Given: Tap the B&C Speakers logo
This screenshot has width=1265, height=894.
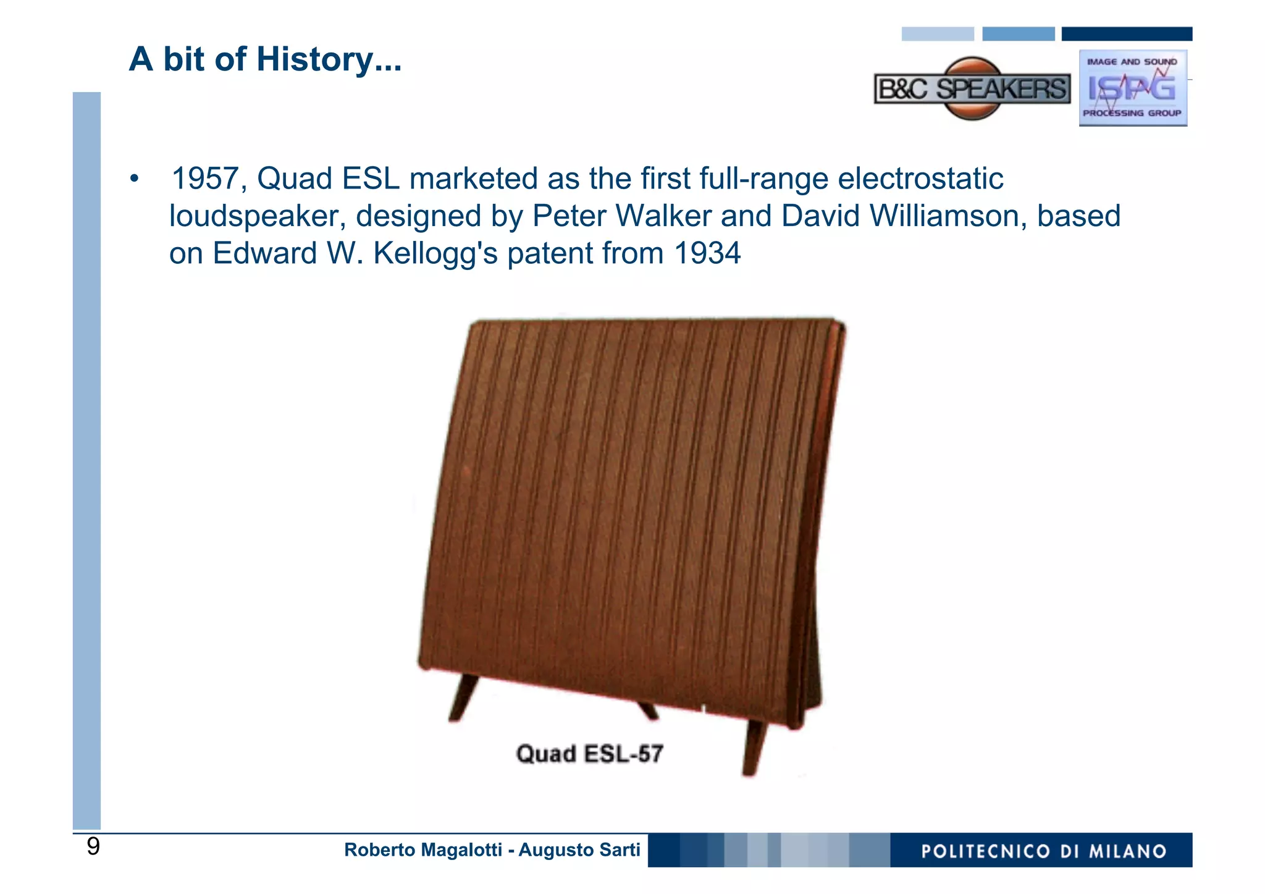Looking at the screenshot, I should [972, 89].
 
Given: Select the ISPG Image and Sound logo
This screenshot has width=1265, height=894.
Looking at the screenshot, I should [1132, 88].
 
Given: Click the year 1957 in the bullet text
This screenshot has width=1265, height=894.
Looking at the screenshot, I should [204, 179].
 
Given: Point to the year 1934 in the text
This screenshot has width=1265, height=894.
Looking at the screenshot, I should [707, 253].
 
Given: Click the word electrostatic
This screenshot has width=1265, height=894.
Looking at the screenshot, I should [920, 179].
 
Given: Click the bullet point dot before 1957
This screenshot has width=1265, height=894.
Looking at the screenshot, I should [135, 180].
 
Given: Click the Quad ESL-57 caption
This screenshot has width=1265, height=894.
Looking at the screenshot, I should [589, 754].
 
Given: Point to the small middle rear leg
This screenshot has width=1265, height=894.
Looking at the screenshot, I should [648, 711].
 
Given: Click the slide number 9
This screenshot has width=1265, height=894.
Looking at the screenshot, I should [93, 846].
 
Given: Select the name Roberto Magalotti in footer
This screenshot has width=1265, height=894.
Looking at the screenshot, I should [422, 850].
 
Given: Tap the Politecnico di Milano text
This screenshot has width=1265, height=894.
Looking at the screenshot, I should [1043, 851].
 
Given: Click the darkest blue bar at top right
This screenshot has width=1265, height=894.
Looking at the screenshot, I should [1126, 34].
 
